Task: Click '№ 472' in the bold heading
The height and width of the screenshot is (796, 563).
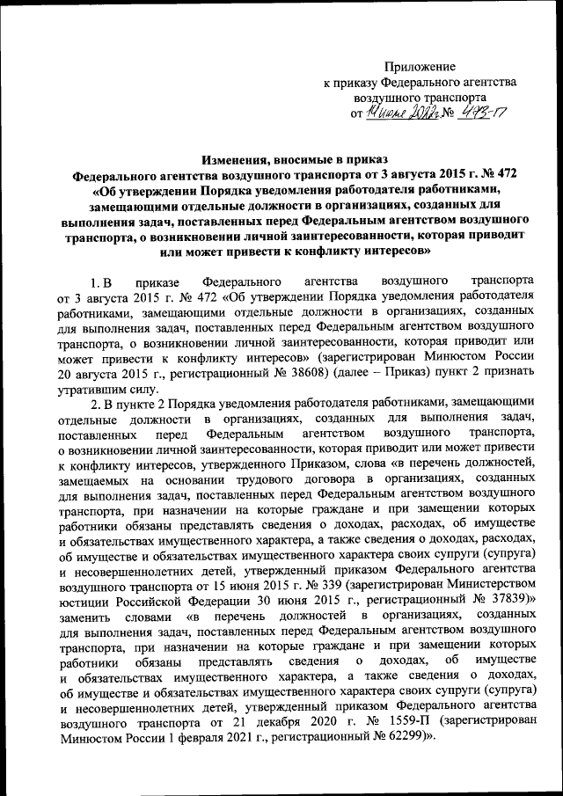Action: coord(499,173)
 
